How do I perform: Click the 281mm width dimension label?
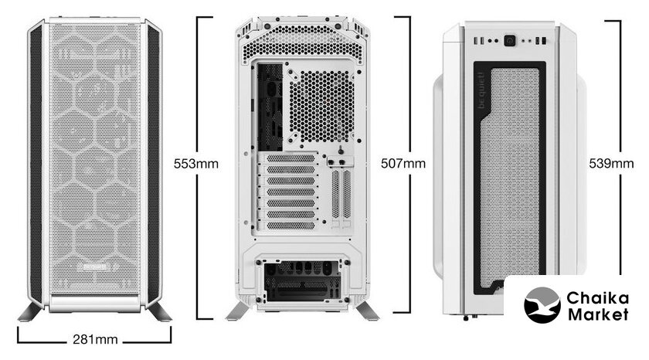coord(95,340)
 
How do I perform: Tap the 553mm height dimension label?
coord(195,164)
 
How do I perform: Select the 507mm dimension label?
coord(403,164)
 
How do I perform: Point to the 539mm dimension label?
coord(611,164)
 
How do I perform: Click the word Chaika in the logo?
coord(597,298)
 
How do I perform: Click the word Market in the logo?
coord(598,314)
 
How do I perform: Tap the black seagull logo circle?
coord(542,305)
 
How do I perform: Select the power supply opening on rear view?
coord(303,281)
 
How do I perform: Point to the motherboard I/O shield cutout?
coord(270,107)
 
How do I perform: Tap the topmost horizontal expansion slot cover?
coord(291,158)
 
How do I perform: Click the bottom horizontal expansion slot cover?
coord(291,226)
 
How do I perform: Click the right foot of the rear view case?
coord(367,311)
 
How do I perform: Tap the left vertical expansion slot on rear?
coord(335,194)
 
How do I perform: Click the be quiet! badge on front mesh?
coord(96,267)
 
